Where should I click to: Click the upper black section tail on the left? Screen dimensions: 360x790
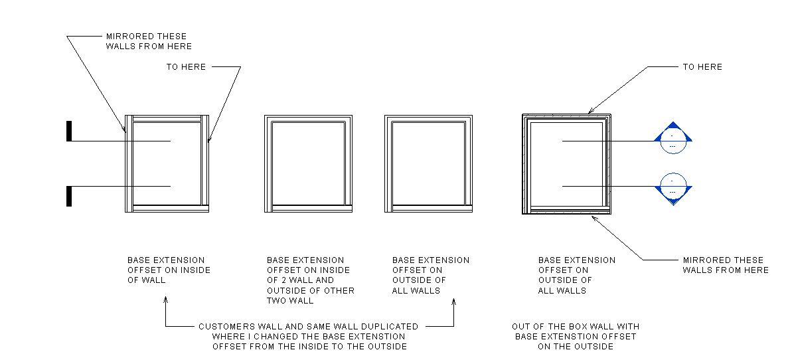(69, 131)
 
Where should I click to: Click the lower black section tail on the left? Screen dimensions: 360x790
(69, 197)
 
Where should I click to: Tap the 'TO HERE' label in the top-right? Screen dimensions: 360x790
(702, 67)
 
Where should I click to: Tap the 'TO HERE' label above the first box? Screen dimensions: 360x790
(186, 67)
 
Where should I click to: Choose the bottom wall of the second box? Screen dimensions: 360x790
(308, 209)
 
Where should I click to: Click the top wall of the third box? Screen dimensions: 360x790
(428, 118)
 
